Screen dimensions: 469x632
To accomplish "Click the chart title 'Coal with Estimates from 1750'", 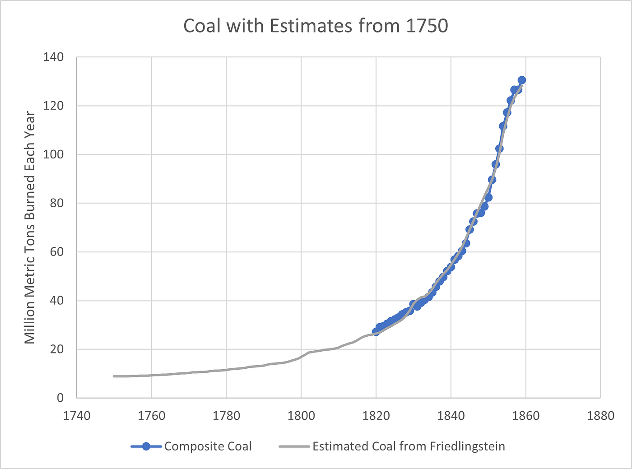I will (x=316, y=26).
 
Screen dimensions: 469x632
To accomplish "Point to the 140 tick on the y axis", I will (x=53, y=57).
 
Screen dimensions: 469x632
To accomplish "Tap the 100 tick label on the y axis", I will (x=53, y=154).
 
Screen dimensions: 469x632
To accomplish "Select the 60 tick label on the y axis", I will (x=56, y=252).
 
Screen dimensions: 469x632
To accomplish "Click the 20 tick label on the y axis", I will (x=56, y=349).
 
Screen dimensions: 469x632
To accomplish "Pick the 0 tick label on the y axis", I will (x=60, y=398).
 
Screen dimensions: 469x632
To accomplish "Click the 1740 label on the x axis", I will (x=76, y=415).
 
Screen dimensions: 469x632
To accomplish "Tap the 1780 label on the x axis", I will (x=226, y=415).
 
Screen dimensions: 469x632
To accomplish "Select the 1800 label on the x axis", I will (x=301, y=415).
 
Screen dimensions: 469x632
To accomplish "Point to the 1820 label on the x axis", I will (x=376, y=415).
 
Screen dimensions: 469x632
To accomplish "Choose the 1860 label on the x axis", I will (x=525, y=415).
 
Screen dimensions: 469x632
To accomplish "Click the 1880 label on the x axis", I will (x=600, y=415).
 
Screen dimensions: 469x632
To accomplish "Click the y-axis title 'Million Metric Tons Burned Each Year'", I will (x=30, y=228).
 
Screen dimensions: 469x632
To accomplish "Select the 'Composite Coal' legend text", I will (x=208, y=446).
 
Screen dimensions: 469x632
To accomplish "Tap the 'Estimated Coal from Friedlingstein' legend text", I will (x=409, y=446).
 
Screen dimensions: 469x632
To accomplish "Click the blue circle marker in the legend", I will (x=146, y=446).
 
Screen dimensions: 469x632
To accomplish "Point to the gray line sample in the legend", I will (x=294, y=446).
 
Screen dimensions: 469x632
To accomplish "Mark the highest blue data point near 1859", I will (x=522, y=80).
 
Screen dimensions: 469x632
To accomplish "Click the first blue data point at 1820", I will (x=376, y=332).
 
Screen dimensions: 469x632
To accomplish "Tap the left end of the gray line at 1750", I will (x=114, y=376).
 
